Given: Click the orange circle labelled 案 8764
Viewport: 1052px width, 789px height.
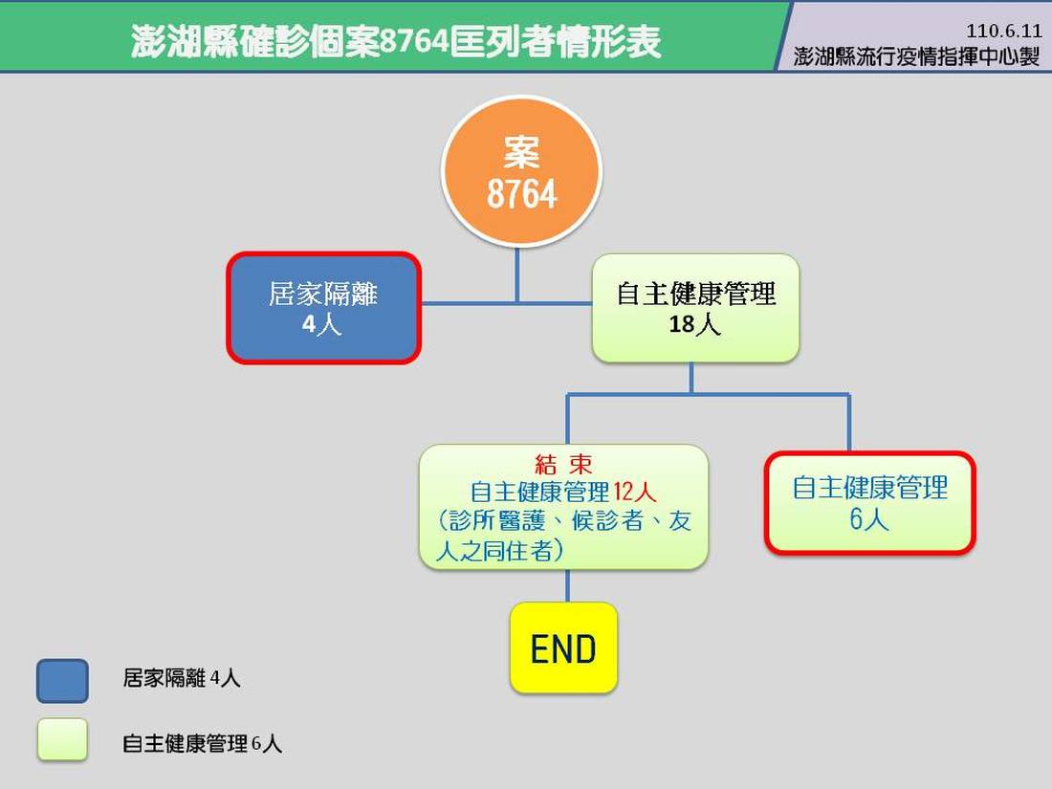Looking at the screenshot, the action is point(521,171).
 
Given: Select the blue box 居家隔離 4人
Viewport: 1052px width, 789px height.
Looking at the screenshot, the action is point(324,308).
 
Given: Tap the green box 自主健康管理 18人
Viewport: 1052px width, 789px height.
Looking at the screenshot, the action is point(695,308).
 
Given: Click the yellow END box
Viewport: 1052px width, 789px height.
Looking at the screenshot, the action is point(563,647).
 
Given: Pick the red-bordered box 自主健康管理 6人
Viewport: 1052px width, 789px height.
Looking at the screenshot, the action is point(869,503).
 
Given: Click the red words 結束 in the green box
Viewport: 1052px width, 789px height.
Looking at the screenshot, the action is point(563,464).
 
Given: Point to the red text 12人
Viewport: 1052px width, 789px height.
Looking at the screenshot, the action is point(634,492).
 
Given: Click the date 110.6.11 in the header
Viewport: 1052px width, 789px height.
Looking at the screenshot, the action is point(1003,31).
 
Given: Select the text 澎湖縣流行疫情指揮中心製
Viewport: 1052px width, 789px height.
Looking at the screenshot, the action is point(916,56).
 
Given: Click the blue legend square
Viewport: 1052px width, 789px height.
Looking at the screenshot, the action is point(62,681).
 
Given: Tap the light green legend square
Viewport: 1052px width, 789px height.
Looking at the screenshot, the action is point(62,739).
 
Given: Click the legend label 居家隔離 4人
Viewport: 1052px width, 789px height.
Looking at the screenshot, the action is point(181,678).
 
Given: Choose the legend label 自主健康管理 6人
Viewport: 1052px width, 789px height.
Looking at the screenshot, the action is point(202,743).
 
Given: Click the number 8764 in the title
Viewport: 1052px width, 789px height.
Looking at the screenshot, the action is point(415,41).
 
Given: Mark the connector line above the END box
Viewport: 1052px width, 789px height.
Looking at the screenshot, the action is point(567,585).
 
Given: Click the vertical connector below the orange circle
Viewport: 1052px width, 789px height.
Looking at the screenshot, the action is point(516,275).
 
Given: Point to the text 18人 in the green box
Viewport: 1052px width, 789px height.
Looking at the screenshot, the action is point(695,324).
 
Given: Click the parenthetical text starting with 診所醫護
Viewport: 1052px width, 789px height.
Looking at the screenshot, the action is point(563,536).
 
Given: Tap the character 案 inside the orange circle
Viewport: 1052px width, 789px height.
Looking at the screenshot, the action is point(521,152).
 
